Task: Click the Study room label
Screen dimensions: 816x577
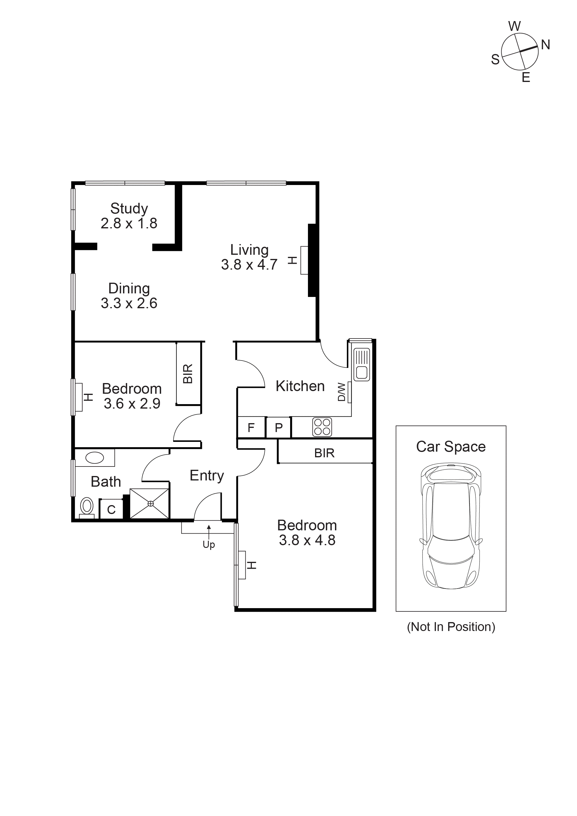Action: (x=129, y=209)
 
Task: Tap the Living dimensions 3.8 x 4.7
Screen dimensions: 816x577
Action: (x=249, y=265)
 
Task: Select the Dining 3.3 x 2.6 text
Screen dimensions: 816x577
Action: (x=129, y=296)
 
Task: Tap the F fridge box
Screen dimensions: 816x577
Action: (x=251, y=428)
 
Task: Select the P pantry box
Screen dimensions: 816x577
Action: (x=279, y=428)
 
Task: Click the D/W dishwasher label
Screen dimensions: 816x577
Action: (x=341, y=392)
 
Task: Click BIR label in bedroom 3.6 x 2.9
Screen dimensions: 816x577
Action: (x=188, y=374)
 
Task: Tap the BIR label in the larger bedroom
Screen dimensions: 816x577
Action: (x=324, y=453)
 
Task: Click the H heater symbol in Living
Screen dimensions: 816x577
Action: (x=292, y=260)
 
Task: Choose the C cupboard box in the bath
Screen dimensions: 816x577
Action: (x=111, y=510)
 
